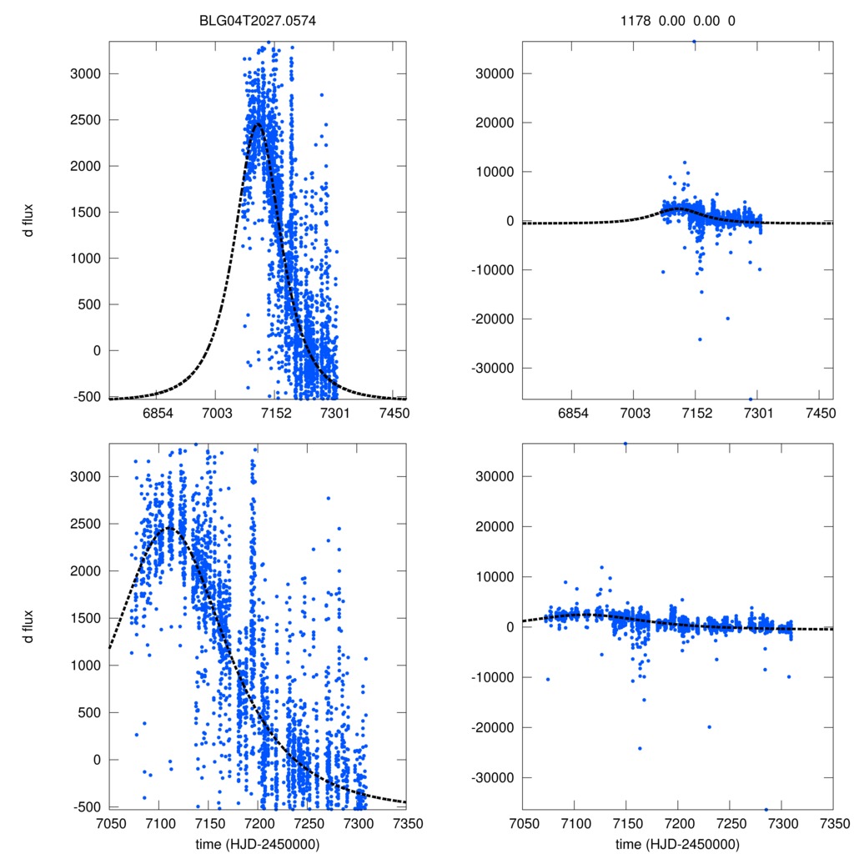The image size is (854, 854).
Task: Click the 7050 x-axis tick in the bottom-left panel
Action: click(x=108, y=822)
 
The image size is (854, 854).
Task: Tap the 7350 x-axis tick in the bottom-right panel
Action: click(x=832, y=822)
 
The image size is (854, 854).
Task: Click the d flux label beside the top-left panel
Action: click(x=29, y=220)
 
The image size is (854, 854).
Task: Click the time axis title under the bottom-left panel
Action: click(x=258, y=843)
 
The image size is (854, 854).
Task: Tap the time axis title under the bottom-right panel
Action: click(x=678, y=843)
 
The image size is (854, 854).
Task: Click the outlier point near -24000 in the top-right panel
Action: click(x=700, y=339)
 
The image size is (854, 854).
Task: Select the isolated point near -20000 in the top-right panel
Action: click(x=727, y=318)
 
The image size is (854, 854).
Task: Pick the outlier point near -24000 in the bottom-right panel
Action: click(x=640, y=748)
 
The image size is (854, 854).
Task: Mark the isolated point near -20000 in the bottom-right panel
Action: click(x=709, y=726)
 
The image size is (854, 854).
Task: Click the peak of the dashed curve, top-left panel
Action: click(x=257, y=123)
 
